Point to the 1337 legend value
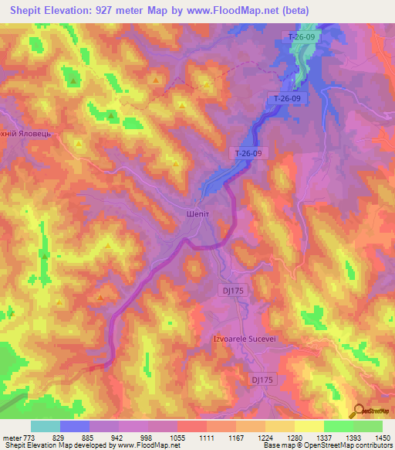coord(324,438)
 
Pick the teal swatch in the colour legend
coord(46,426)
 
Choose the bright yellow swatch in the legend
coord(309,426)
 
